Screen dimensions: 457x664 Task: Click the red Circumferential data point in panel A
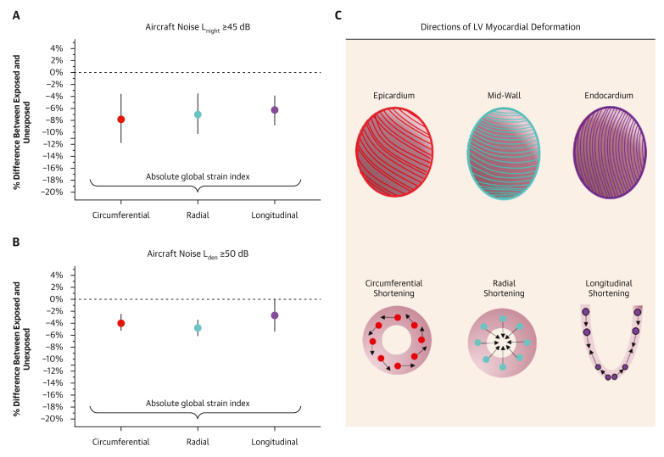(121, 120)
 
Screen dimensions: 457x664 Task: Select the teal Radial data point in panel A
(198, 114)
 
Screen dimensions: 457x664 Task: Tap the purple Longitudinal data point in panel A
(274, 110)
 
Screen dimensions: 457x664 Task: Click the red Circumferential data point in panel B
(121, 323)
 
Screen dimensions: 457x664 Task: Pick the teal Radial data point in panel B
(198, 328)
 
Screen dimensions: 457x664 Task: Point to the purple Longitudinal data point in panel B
(274, 315)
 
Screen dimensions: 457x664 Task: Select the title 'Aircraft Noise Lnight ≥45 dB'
(197, 27)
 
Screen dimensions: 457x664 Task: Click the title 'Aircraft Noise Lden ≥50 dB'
(197, 254)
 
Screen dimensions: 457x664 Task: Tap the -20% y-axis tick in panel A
(53, 192)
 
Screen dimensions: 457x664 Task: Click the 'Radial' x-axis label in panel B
(198, 442)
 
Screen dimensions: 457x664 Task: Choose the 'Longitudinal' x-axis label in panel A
(274, 215)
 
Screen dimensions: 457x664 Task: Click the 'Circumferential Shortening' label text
(393, 288)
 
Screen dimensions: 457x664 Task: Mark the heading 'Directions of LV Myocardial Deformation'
(500, 27)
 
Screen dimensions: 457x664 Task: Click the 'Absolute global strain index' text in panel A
(197, 177)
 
